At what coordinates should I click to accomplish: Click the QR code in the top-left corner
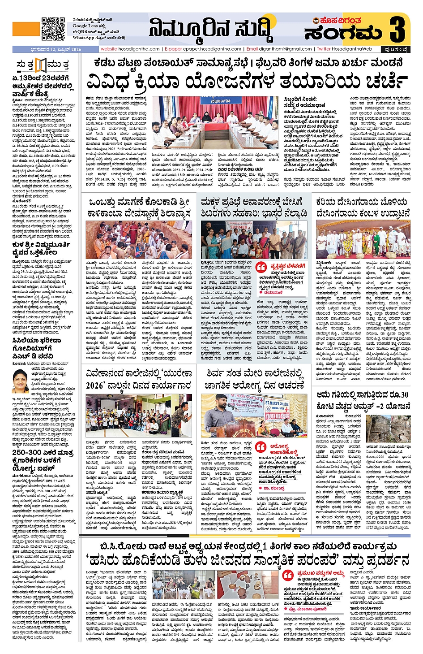53,29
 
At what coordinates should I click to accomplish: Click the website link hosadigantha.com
130,49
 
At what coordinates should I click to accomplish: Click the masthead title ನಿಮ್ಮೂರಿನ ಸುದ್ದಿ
210,29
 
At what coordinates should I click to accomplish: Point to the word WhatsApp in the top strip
82,38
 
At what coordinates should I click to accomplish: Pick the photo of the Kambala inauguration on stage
363,239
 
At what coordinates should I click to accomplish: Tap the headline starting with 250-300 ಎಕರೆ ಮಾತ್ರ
43,456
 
